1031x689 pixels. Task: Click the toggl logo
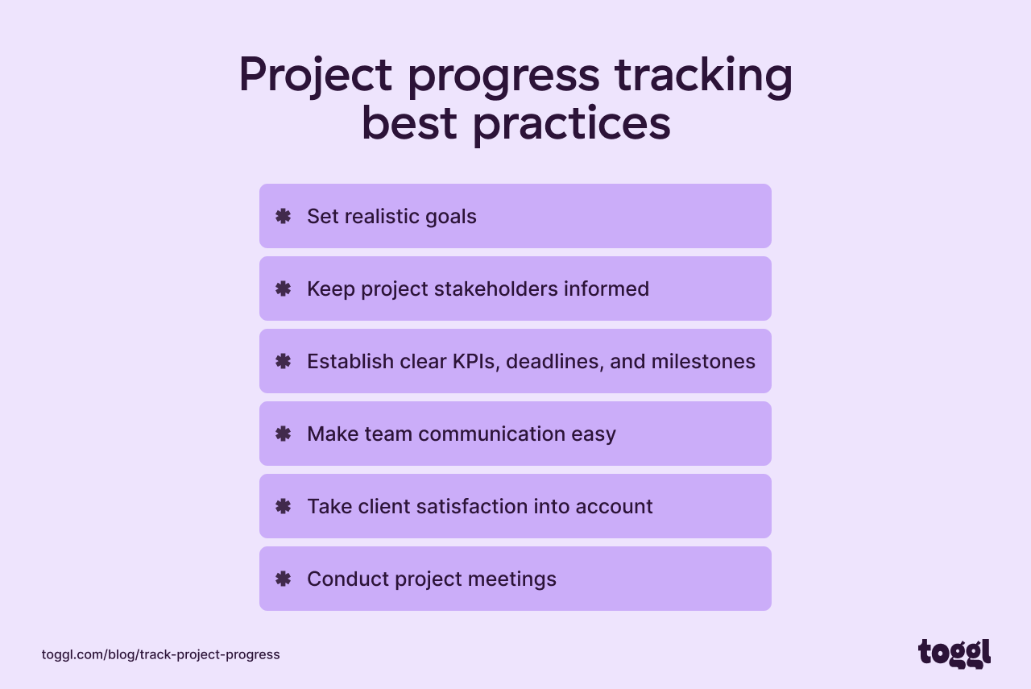pos(954,654)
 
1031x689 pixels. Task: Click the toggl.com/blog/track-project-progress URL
pos(161,654)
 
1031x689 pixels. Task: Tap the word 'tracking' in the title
pos(703,75)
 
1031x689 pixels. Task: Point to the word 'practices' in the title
pos(571,125)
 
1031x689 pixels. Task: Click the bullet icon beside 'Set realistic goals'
pos(283,216)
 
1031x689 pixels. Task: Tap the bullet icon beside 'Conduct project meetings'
pos(283,579)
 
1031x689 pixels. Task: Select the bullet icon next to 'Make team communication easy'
pos(283,434)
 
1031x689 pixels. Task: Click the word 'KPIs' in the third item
pos(476,361)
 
